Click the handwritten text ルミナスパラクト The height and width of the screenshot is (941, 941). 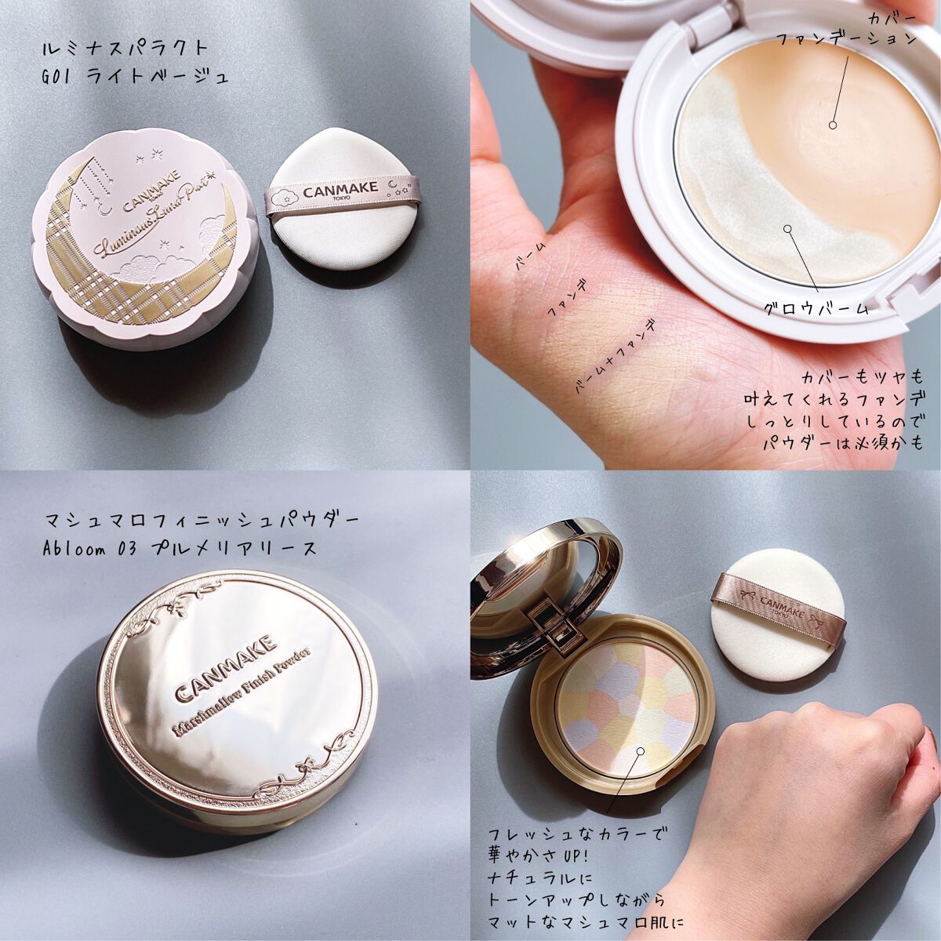(126, 49)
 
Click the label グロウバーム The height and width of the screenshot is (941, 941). (816, 308)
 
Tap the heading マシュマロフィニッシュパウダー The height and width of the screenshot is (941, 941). (201, 520)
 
